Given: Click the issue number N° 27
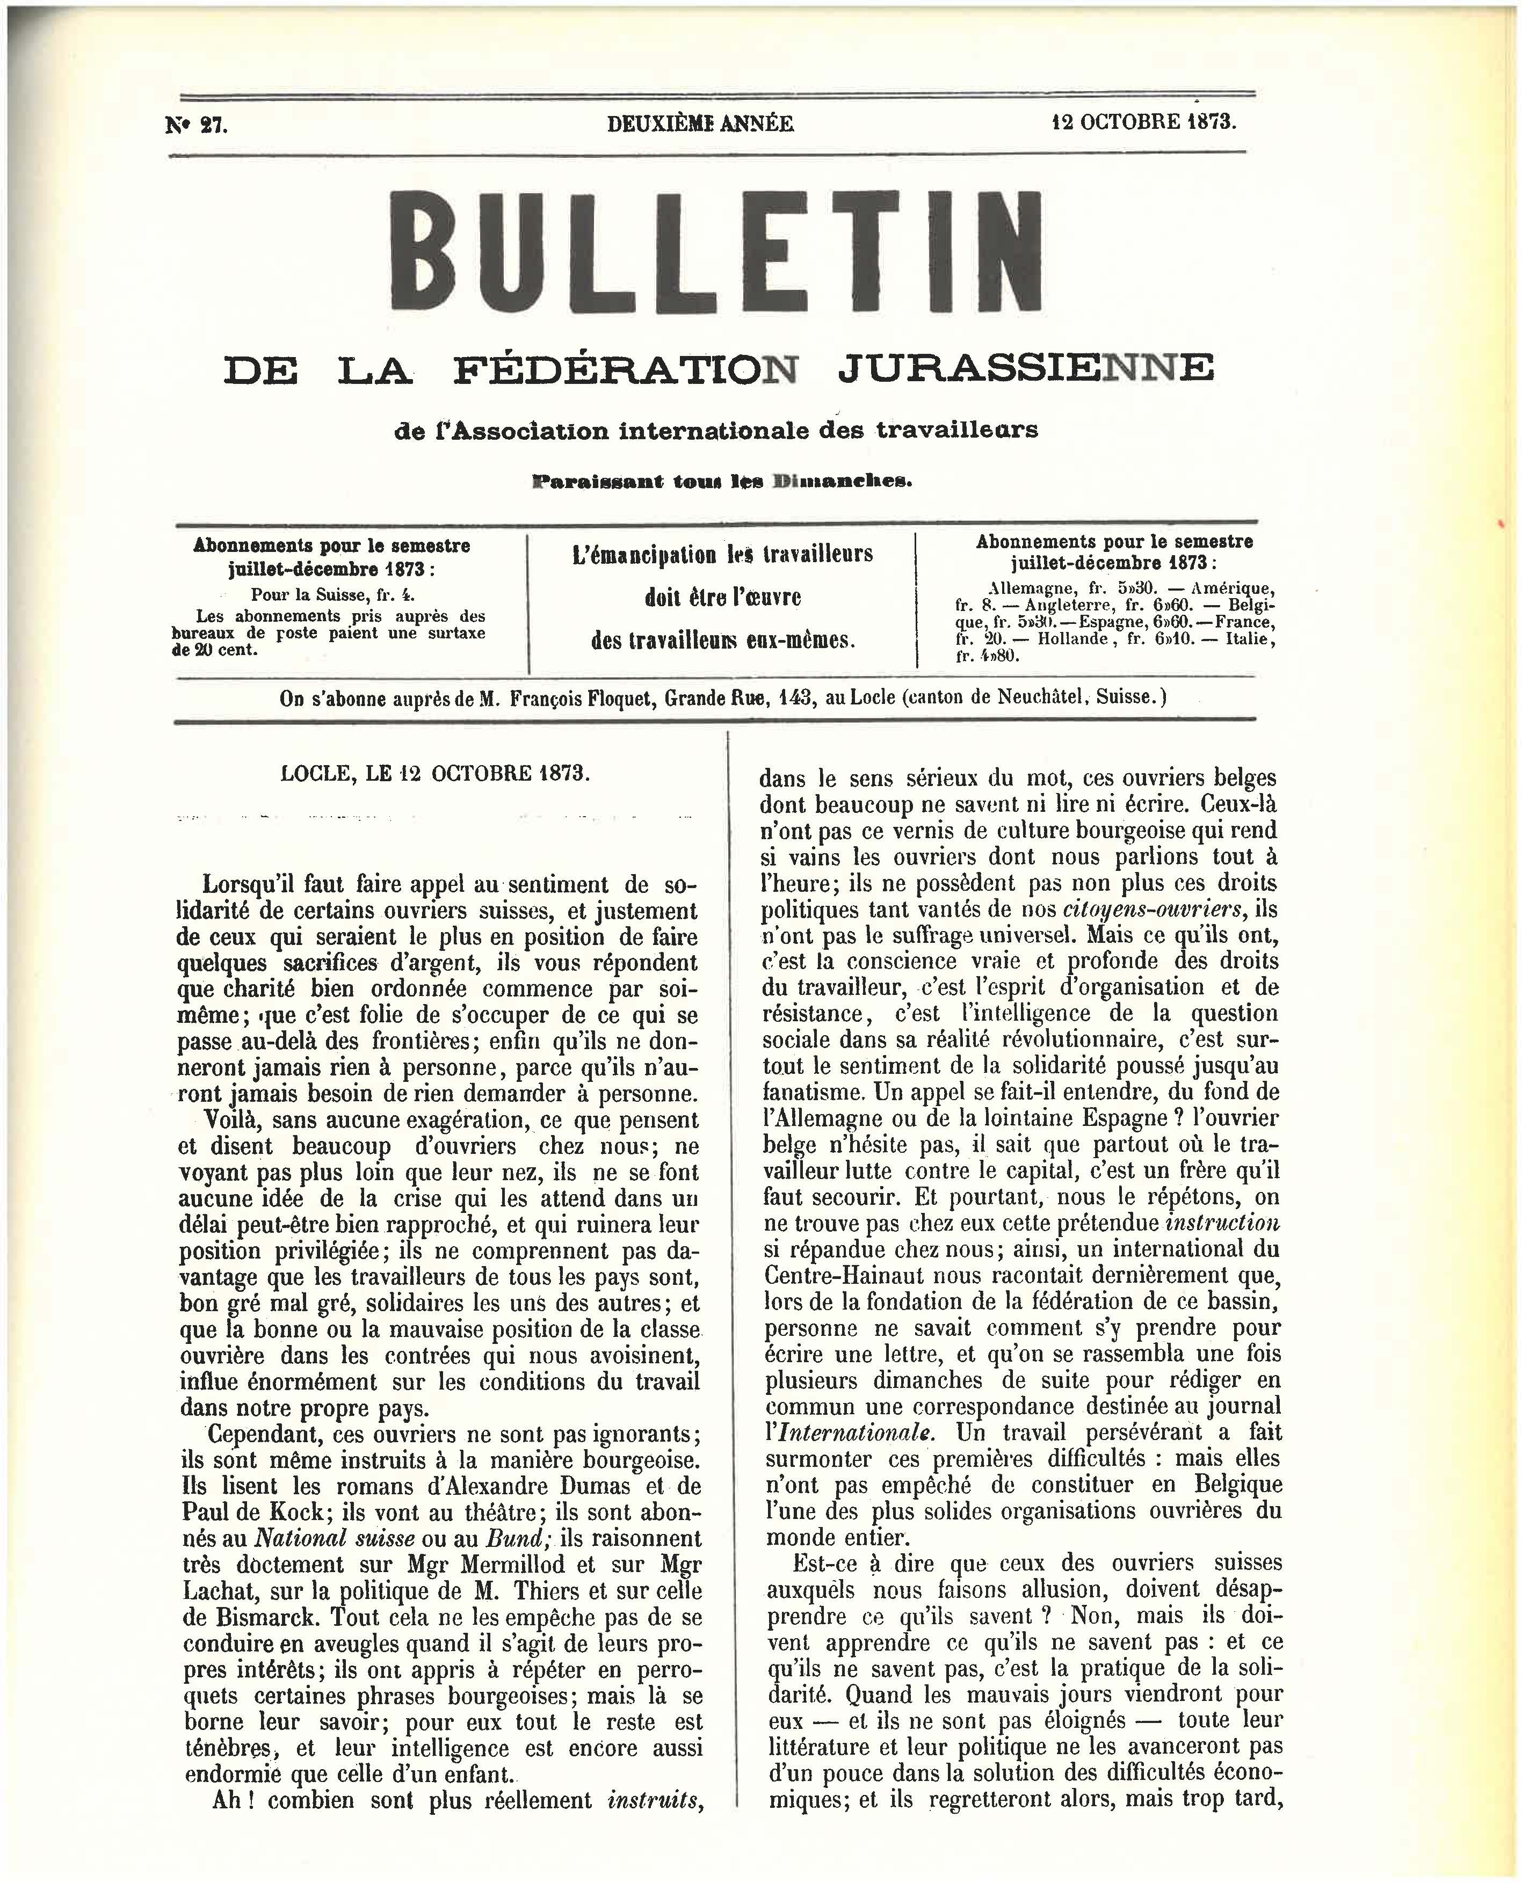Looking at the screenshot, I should click(x=197, y=125).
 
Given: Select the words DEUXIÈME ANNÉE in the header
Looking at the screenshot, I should click(x=700, y=123).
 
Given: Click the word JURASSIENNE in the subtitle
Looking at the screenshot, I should click(x=1026, y=369).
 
